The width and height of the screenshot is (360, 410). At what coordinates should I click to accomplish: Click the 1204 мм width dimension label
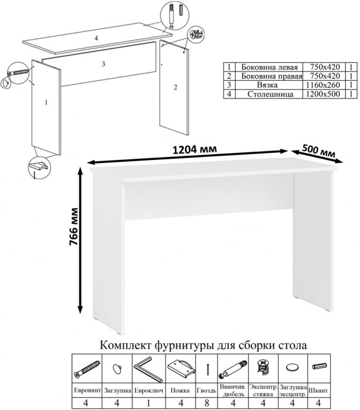(x=194, y=149)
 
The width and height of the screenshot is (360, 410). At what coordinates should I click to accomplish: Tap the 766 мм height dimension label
(x=73, y=227)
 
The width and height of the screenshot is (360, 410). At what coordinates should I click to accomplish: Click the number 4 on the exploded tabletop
(x=96, y=38)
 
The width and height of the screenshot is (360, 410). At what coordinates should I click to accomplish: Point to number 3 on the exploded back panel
(x=104, y=64)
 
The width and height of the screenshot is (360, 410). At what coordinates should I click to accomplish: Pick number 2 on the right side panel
(x=176, y=87)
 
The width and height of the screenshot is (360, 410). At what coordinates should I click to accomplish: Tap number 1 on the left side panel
(x=46, y=102)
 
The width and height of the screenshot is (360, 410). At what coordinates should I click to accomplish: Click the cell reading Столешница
(x=270, y=94)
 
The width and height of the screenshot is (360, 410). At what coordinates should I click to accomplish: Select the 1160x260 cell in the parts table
(x=323, y=85)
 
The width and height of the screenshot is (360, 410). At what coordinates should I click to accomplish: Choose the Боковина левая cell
(x=269, y=67)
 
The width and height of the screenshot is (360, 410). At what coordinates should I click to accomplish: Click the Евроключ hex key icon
(x=149, y=369)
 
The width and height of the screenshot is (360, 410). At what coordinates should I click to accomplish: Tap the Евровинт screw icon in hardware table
(x=87, y=368)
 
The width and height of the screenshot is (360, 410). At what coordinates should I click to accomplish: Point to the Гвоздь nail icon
(x=208, y=368)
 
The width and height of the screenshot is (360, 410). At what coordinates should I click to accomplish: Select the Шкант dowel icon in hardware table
(x=319, y=366)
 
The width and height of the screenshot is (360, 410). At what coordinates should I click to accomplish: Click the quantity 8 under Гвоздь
(x=207, y=403)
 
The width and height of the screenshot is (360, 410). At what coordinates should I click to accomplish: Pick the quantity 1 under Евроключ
(x=148, y=403)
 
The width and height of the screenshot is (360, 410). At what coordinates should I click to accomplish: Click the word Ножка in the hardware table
(x=180, y=391)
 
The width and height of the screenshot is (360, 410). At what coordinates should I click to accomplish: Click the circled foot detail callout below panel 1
(x=39, y=168)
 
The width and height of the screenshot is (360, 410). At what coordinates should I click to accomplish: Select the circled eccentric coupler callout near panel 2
(x=196, y=34)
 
